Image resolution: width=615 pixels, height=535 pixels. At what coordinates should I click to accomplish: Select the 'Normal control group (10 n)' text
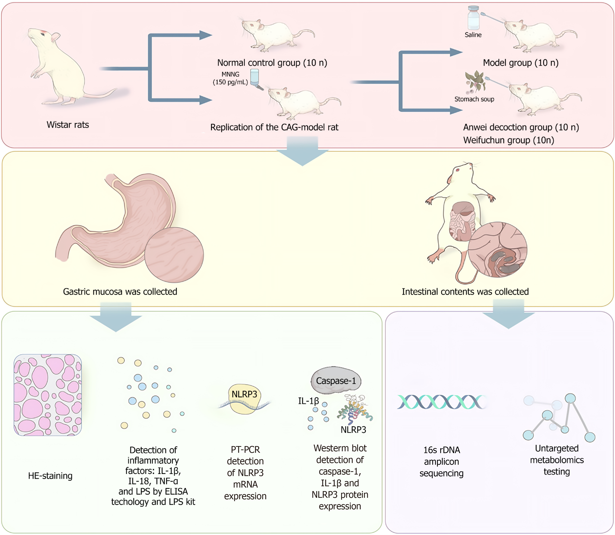click(x=272, y=63)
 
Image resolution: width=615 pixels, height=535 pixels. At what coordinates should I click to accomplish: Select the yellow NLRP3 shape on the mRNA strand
click(x=244, y=399)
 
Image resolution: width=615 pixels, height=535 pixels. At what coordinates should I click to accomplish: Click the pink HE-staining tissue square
click(x=48, y=395)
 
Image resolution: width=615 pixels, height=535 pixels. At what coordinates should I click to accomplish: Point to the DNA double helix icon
click(x=441, y=402)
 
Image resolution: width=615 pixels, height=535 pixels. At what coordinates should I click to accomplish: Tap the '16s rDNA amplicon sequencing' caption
click(x=441, y=462)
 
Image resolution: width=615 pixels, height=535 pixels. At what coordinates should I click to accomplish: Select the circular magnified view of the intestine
click(x=497, y=249)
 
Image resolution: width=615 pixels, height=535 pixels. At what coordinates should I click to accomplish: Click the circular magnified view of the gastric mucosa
click(x=174, y=255)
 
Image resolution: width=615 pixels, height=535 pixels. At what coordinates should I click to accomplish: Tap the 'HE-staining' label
click(x=50, y=476)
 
